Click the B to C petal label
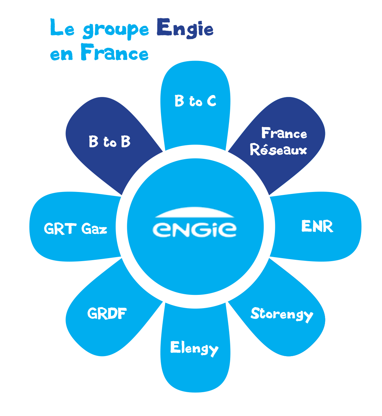click(195, 101)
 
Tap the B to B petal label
click(110, 142)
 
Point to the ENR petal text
click(317, 227)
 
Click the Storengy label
click(282, 314)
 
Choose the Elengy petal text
click(194, 348)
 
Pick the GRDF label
click(107, 313)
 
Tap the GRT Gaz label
click(76, 229)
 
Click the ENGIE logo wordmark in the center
click(195, 229)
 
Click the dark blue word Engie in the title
click(185, 28)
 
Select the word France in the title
click(115, 53)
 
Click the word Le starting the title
click(62, 28)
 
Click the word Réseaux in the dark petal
click(279, 150)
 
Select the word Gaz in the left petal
click(94, 229)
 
